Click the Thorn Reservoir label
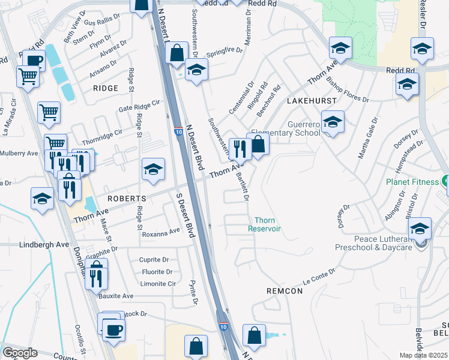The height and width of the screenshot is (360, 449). (265, 224)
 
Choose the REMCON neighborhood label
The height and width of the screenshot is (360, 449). (285, 290)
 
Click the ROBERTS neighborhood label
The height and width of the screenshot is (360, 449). (126, 198)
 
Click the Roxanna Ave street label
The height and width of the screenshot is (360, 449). (161, 231)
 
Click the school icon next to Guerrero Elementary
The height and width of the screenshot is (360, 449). (333, 123)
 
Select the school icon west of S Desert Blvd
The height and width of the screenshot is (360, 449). (153, 170)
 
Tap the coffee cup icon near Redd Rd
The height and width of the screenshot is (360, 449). (34, 61)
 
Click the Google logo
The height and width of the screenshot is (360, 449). (20, 353)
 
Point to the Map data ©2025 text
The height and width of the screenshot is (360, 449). (423, 355)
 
